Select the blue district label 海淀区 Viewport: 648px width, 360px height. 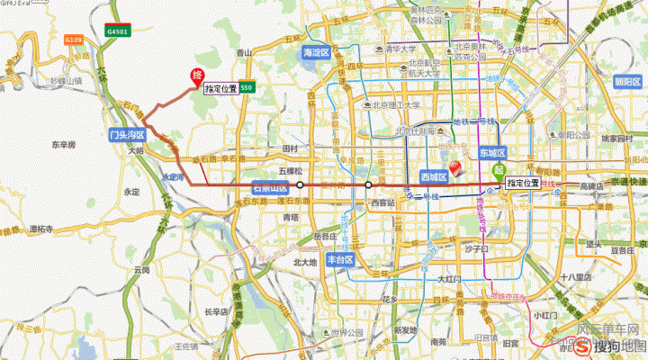pyautogui.click(x=319, y=51)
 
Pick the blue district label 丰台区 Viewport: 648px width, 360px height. pyautogui.click(x=344, y=258)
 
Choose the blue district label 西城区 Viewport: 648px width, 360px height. pyautogui.click(x=434, y=177)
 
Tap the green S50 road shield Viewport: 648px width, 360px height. pyautogui.click(x=248, y=88)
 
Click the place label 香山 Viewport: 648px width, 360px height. pyautogui.click(x=243, y=54)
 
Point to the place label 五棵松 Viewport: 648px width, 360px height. pyautogui.click(x=293, y=169)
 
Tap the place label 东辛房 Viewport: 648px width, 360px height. pyautogui.click(x=63, y=144)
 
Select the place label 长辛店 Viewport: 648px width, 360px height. pyautogui.click(x=217, y=311)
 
